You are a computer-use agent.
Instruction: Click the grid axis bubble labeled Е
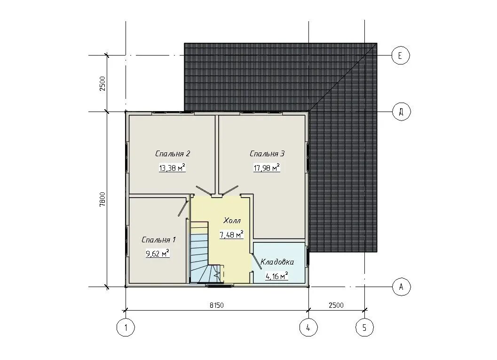(400, 56)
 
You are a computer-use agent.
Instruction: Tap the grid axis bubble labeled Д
(401, 112)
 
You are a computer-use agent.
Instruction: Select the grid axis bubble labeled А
(401, 287)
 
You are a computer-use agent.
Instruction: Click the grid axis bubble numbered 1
(126, 328)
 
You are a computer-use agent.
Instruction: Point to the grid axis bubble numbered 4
(309, 328)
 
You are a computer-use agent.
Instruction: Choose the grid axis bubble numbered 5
(364, 328)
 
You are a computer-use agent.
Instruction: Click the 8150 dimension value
(217, 305)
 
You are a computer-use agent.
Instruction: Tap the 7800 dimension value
(103, 200)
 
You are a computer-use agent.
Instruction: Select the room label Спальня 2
(173, 154)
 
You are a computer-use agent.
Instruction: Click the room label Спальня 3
(267, 154)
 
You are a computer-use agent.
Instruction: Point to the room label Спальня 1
(158, 240)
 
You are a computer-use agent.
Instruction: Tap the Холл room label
(232, 220)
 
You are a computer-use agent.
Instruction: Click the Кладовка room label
(277, 262)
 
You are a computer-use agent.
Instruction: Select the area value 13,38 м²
(172, 168)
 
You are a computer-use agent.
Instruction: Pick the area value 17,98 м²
(267, 168)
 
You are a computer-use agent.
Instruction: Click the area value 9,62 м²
(158, 254)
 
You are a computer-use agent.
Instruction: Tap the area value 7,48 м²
(232, 234)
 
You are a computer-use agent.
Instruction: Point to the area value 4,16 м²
(276, 276)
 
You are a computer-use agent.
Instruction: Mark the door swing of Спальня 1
(182, 207)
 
